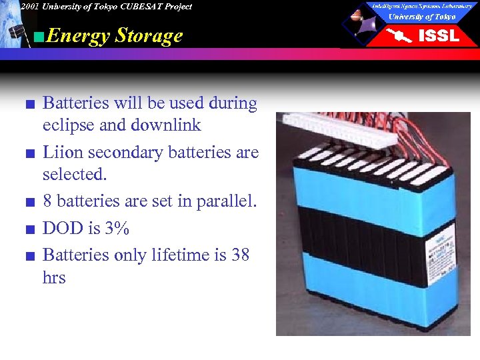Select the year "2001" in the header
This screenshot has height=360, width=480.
[29, 7]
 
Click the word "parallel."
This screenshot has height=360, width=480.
[226, 201]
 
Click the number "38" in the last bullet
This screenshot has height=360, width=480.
[239, 255]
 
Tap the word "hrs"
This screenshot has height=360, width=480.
[54, 277]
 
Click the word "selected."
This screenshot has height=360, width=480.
[75, 175]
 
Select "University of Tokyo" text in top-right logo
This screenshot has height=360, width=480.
[422, 17]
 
